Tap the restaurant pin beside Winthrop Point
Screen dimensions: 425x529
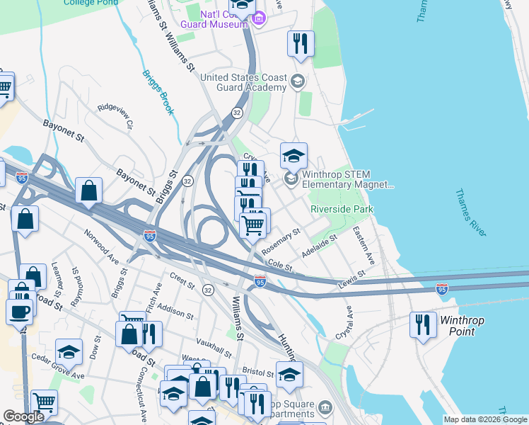coord(423,325)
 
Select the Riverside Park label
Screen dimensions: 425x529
coord(342,209)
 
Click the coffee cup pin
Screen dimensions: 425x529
coord(19,311)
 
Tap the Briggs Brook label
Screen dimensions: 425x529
coord(157,92)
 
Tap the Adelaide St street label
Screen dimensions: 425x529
coord(319,246)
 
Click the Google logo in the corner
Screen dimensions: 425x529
coord(23,416)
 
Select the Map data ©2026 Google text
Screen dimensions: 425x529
coord(485,419)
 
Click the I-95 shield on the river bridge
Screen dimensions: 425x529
coord(442,289)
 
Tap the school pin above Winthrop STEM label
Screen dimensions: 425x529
coord(293,154)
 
